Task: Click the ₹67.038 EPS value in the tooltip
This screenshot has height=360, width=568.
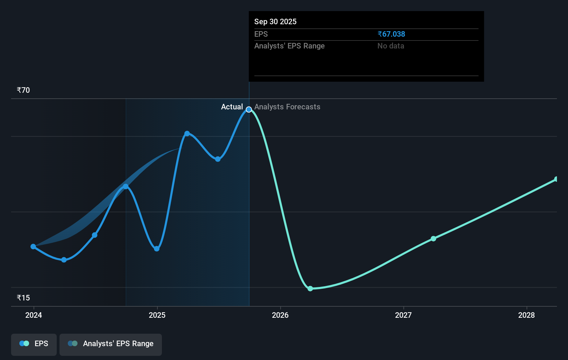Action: (391, 34)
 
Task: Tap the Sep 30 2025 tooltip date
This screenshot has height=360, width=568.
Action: (275, 22)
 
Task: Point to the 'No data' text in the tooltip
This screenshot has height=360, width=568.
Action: (391, 46)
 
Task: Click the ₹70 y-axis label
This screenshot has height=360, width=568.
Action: (23, 90)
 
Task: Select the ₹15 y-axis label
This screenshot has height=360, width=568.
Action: (23, 298)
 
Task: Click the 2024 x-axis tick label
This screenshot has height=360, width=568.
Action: (34, 315)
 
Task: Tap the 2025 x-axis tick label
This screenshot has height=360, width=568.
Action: (157, 315)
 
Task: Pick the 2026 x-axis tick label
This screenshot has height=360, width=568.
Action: (280, 315)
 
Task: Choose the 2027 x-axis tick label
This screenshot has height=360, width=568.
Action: (403, 315)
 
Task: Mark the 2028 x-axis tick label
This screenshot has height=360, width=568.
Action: (526, 315)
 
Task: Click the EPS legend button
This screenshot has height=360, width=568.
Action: (34, 344)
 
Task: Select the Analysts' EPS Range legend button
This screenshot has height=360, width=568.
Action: (111, 344)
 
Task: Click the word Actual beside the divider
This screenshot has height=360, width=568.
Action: (232, 107)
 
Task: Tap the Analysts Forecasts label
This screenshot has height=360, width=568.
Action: (287, 107)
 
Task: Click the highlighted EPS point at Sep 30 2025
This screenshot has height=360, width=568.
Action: (249, 110)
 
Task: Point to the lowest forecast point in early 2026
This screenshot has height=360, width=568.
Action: (310, 289)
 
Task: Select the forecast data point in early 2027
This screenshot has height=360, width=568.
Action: (433, 238)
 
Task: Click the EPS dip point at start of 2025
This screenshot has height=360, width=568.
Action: (157, 249)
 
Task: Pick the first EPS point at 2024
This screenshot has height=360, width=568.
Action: (33, 247)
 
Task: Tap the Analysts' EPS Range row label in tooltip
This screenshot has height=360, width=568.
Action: (290, 46)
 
